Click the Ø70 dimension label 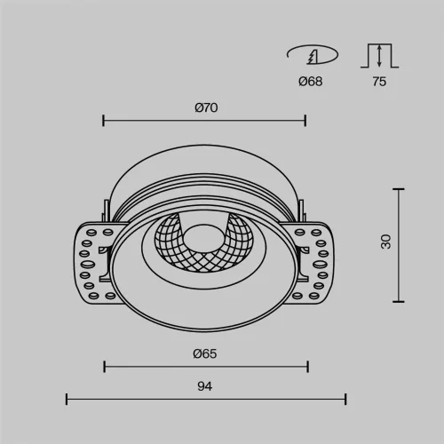[x=206, y=107]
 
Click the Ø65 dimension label [x=205, y=353]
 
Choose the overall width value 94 [x=205, y=386]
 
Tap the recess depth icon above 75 [x=378, y=56]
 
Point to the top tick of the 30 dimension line [x=398, y=188]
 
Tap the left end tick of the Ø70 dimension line [x=104, y=120]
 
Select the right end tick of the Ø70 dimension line [x=305, y=120]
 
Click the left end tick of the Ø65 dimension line [x=105, y=366]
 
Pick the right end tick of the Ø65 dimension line [x=307, y=366]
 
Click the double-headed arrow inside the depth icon [x=380, y=57]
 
